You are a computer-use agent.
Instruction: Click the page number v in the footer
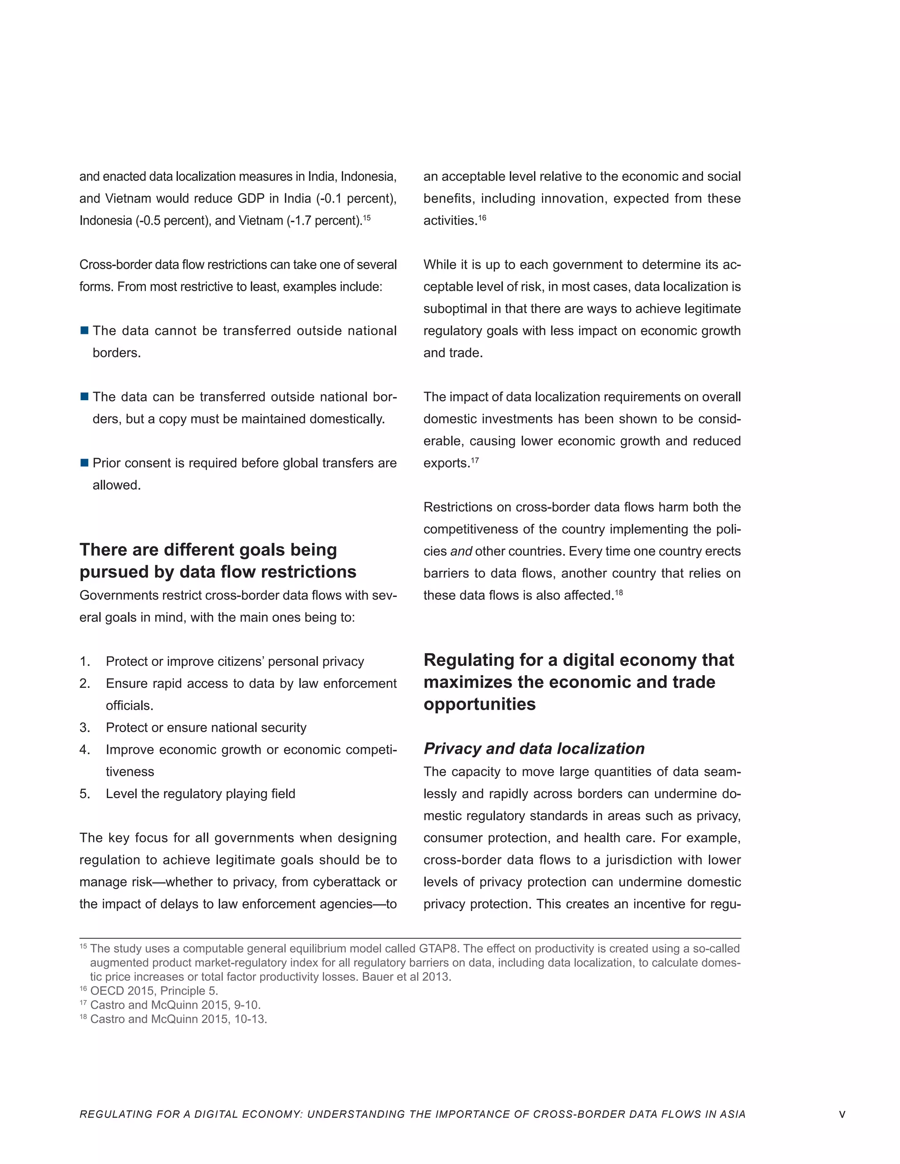pos(842,1114)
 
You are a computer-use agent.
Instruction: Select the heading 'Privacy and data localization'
pos(533,749)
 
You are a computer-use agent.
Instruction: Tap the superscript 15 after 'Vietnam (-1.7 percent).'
pos(367,217)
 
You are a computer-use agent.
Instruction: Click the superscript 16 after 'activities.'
pos(482,217)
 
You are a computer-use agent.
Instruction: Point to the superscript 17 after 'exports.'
pos(475,459)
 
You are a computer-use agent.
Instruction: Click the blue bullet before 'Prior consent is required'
pos(84,463)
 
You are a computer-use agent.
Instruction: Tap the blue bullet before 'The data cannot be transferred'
pos(84,330)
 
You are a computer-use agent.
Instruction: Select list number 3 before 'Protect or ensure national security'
pos(85,727)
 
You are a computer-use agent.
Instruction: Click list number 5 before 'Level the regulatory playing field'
pos(85,794)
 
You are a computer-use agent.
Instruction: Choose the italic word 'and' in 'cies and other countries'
pos(461,551)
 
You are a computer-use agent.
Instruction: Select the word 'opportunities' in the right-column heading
pos(479,704)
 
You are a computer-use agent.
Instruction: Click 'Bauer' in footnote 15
pos(378,977)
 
